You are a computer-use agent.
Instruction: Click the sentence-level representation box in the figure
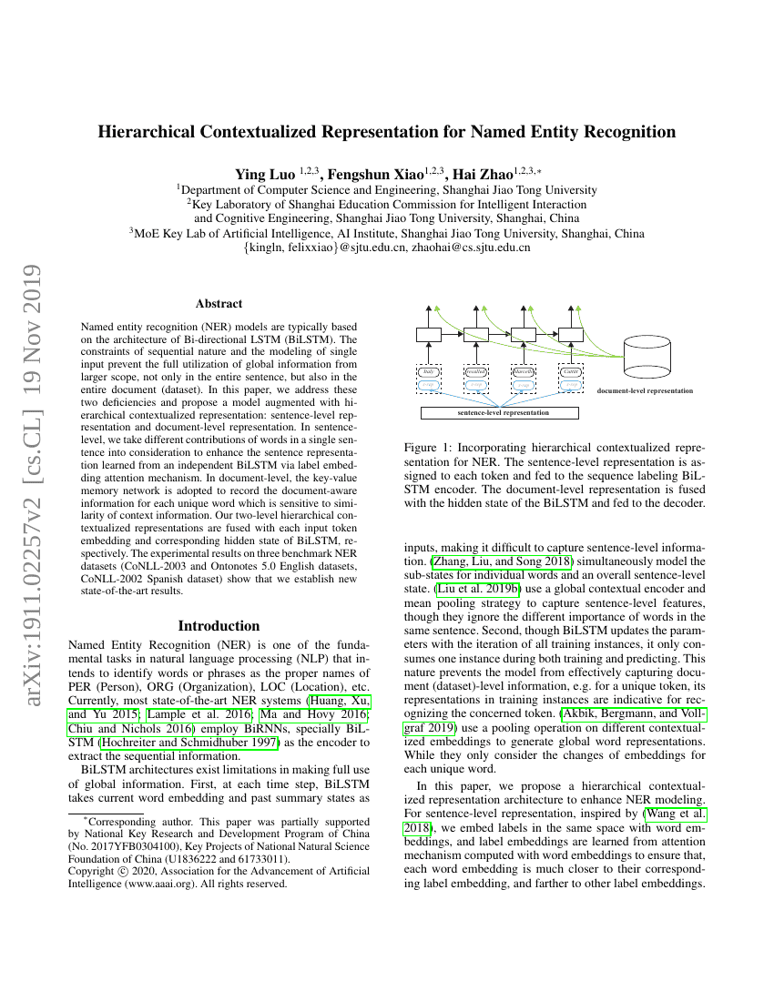coord(499,412)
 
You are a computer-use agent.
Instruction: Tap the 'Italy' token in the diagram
coord(428,371)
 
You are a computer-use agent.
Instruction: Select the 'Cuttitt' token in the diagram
coord(570,371)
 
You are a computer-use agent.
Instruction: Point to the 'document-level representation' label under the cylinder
coord(645,391)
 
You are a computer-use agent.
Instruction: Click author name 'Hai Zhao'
coord(480,173)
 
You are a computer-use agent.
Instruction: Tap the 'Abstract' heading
coord(219,304)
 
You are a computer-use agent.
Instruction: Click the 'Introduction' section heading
coord(219,626)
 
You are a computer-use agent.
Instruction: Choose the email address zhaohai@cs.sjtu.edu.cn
coord(470,247)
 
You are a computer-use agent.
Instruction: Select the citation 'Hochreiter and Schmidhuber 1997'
coord(199,743)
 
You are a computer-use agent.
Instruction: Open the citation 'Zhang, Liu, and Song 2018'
coord(496,561)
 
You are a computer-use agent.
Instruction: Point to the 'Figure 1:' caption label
coord(426,448)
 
